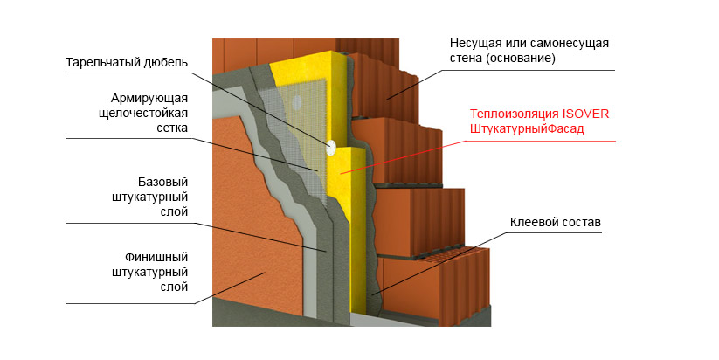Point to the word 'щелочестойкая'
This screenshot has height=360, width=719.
tap(144, 113)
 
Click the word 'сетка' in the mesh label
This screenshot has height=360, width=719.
tap(171, 128)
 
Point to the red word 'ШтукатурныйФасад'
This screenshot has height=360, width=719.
tap(527, 129)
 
